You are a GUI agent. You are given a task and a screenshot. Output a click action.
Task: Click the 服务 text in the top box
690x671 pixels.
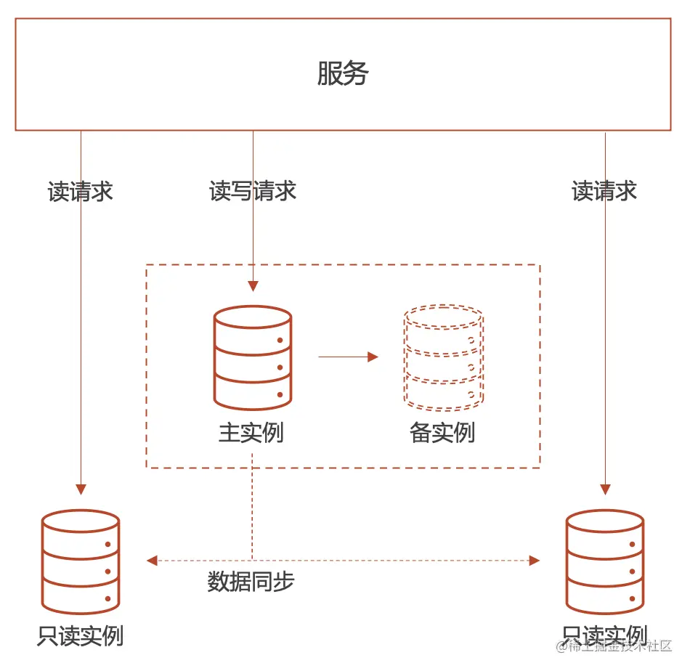(x=343, y=74)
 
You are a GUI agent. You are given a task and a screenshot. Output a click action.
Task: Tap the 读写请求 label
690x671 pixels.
(x=253, y=191)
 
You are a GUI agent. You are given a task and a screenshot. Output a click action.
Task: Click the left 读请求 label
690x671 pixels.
(x=81, y=192)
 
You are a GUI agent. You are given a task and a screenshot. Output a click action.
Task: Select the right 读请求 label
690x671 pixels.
(x=604, y=191)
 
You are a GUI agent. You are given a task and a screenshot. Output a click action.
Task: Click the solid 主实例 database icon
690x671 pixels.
(x=253, y=357)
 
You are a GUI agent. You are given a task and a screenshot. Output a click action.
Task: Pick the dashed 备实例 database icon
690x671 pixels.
(x=443, y=357)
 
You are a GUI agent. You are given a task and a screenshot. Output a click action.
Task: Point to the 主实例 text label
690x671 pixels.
(x=251, y=433)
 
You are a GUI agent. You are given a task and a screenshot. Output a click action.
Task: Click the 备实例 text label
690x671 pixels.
(x=442, y=433)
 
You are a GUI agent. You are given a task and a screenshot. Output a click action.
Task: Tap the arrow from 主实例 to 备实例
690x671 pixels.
(x=349, y=357)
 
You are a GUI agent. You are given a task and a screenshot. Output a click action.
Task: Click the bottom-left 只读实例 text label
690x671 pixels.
(x=81, y=635)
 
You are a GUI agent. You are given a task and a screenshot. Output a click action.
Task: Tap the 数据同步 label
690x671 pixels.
(x=251, y=582)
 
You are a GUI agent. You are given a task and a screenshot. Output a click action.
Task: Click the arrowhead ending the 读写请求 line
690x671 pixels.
(x=253, y=286)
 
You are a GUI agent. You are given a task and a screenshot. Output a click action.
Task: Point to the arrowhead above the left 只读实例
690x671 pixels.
(x=81, y=489)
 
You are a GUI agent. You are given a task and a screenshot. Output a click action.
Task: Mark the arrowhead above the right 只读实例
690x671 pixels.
(x=604, y=489)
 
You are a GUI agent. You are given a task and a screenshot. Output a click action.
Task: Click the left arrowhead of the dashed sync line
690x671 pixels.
(x=152, y=560)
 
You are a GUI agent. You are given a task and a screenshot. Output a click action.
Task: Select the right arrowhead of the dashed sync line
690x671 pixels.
(x=535, y=560)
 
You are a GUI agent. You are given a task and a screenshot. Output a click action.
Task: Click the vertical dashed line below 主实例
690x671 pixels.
(x=253, y=508)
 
